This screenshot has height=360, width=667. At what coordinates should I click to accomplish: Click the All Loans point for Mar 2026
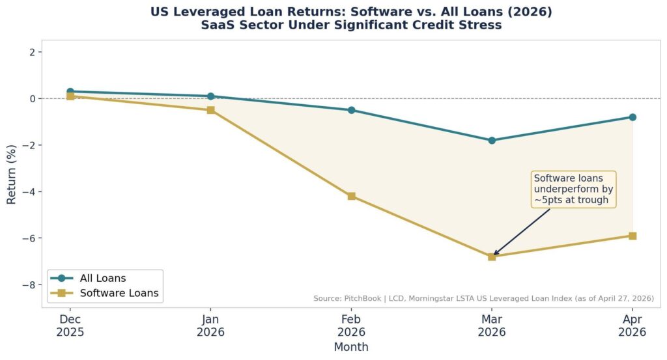pyautogui.click(x=492, y=140)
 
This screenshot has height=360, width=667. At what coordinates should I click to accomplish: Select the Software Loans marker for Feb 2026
pyautogui.click(x=351, y=196)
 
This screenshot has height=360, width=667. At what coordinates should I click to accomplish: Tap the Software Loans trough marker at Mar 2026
pyautogui.click(x=492, y=256)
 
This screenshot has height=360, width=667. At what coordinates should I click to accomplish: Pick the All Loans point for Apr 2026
pyautogui.click(x=632, y=117)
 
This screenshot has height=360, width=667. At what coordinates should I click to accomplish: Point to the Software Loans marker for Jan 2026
pyautogui.click(x=210, y=110)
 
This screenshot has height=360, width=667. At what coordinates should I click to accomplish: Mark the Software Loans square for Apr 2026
pyautogui.click(x=632, y=236)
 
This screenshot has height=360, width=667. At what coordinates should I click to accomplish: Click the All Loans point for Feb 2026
pyautogui.click(x=351, y=110)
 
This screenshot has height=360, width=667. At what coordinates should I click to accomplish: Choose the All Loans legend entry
pyautogui.click(x=89, y=279)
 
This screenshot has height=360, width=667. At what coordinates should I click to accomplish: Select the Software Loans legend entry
pyautogui.click(x=105, y=293)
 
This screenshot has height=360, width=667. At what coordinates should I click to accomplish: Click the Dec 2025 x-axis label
pyautogui.click(x=70, y=325)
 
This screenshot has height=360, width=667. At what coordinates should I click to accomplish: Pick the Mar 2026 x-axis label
pyautogui.click(x=492, y=325)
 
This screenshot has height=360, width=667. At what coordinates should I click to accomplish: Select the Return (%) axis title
pyautogui.click(x=12, y=174)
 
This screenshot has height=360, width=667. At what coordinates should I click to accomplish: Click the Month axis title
pyautogui.click(x=351, y=347)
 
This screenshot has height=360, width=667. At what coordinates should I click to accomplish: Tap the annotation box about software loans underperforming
pyautogui.click(x=573, y=189)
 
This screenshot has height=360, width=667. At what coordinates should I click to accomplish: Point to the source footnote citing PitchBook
pyautogui.click(x=484, y=298)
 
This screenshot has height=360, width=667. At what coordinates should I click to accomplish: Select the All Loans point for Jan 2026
pyautogui.click(x=210, y=96)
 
